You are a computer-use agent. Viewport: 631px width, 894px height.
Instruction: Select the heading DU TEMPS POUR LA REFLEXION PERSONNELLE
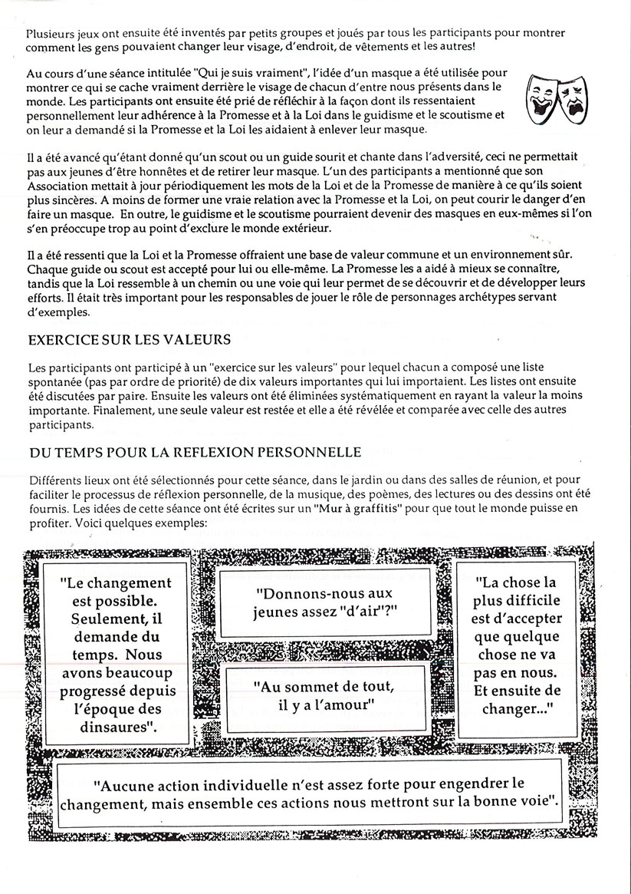tap(195, 453)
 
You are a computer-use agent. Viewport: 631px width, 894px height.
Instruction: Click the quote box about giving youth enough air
tap(325, 602)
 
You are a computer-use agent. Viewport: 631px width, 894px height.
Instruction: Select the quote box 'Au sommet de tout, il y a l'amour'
tap(325, 695)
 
